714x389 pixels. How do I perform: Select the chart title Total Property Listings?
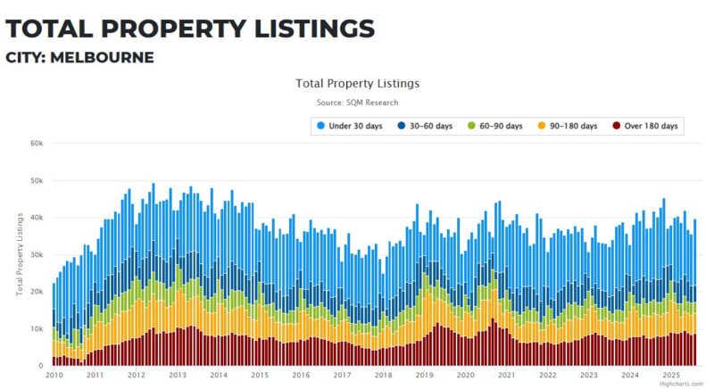click(357, 83)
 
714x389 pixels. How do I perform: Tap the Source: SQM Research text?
click(357, 103)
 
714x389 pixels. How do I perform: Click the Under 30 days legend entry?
click(355, 126)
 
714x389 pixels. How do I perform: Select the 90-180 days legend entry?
click(571, 126)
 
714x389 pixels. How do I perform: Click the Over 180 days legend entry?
click(650, 126)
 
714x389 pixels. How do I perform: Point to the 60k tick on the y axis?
click(37, 143)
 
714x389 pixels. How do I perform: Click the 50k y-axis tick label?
click(37, 180)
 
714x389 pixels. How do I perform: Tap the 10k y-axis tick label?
click(37, 329)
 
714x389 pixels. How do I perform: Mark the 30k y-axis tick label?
click(37, 254)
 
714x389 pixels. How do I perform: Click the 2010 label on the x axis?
click(54, 376)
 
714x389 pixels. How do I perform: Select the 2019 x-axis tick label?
click(424, 376)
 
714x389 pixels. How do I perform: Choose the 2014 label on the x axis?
click(218, 376)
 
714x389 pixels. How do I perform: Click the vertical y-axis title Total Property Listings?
click(19, 254)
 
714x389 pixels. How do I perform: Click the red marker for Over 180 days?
click(616, 126)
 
